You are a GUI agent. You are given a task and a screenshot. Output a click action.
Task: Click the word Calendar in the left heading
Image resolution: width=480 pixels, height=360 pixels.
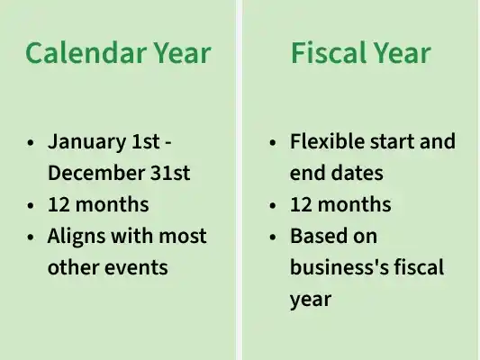click(86, 52)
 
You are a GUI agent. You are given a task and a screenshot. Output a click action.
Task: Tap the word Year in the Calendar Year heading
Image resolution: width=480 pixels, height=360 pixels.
click(183, 52)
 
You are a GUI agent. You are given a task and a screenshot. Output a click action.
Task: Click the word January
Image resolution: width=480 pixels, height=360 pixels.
click(87, 142)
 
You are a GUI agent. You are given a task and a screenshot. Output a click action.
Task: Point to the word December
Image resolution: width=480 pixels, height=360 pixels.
click(96, 173)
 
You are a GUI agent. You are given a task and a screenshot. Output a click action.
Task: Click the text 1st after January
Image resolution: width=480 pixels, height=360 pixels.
click(146, 141)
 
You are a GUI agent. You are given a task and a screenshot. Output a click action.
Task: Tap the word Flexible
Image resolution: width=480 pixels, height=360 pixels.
click(327, 141)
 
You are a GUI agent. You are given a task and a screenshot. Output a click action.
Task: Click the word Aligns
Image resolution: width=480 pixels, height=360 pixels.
click(77, 237)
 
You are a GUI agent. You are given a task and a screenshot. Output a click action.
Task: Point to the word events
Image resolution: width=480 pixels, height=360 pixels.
click(136, 267)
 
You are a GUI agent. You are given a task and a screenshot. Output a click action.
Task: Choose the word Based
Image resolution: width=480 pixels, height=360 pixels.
click(319, 236)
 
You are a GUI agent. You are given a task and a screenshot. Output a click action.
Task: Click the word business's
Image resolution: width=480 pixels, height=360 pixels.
click(340, 267)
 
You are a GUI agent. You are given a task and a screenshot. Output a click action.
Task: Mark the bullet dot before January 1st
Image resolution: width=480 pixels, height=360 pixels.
click(31, 143)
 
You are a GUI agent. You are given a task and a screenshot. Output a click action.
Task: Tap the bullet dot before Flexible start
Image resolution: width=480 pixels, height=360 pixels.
click(273, 143)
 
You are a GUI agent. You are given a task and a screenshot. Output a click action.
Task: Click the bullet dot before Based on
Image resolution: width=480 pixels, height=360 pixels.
click(273, 237)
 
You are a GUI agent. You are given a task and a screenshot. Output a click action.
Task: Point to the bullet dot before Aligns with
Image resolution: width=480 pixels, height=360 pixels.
click(31, 237)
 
